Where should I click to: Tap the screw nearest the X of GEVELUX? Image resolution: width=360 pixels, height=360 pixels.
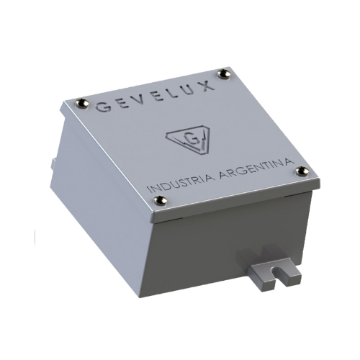(228, 73)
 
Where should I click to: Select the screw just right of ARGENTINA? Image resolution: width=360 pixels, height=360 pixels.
(302, 171)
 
